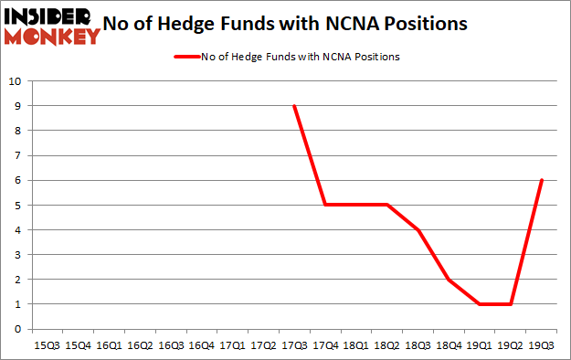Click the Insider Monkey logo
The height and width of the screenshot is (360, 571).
51,26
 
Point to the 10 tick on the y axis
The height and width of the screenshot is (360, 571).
15,80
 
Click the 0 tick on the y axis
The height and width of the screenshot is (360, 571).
17,329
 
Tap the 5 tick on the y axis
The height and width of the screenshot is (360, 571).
17,205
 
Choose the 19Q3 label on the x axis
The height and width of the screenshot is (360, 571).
542,346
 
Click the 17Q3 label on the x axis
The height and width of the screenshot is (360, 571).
294,346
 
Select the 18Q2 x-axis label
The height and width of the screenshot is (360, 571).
386,346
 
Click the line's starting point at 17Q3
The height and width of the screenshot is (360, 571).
294,105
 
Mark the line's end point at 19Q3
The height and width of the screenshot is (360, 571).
542,180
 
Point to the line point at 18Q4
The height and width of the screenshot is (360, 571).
449,280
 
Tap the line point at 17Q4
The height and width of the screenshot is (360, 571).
325,205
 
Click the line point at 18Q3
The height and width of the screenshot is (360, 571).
418,229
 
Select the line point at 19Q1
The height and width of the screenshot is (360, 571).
480,304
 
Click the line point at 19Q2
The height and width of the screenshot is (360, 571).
511,304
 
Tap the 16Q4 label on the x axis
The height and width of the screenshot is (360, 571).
201,346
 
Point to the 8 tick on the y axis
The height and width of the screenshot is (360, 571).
17,130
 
